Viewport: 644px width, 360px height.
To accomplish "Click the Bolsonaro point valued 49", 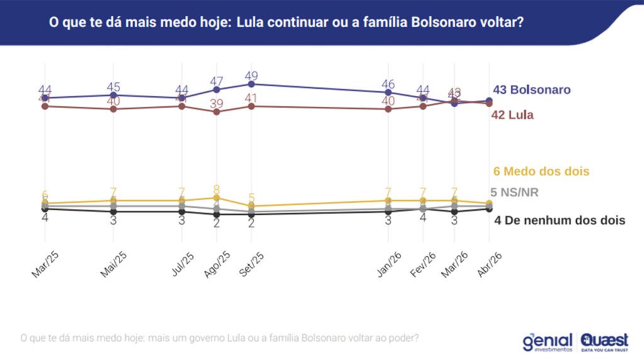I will click(x=252, y=84).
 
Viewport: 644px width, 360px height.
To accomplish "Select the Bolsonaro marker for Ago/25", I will click(x=217, y=89).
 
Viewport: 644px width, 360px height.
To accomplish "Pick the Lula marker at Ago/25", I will click(x=217, y=112).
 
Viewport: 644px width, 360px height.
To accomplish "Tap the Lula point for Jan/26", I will click(x=389, y=109).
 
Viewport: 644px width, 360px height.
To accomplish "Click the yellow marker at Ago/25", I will click(x=217, y=198).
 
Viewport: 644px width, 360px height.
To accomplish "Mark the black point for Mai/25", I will click(x=113, y=211).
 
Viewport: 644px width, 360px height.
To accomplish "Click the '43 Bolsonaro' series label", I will click(x=531, y=89).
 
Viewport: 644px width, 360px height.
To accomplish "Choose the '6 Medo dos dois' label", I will click(x=541, y=171).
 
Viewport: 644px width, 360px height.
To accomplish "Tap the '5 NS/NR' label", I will click(x=514, y=193).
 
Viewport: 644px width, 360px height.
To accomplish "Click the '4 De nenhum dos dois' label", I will click(x=559, y=220).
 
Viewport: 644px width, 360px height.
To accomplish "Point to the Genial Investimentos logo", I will click(x=547, y=342).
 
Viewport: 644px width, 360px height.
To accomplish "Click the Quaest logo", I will click(x=604, y=340).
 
